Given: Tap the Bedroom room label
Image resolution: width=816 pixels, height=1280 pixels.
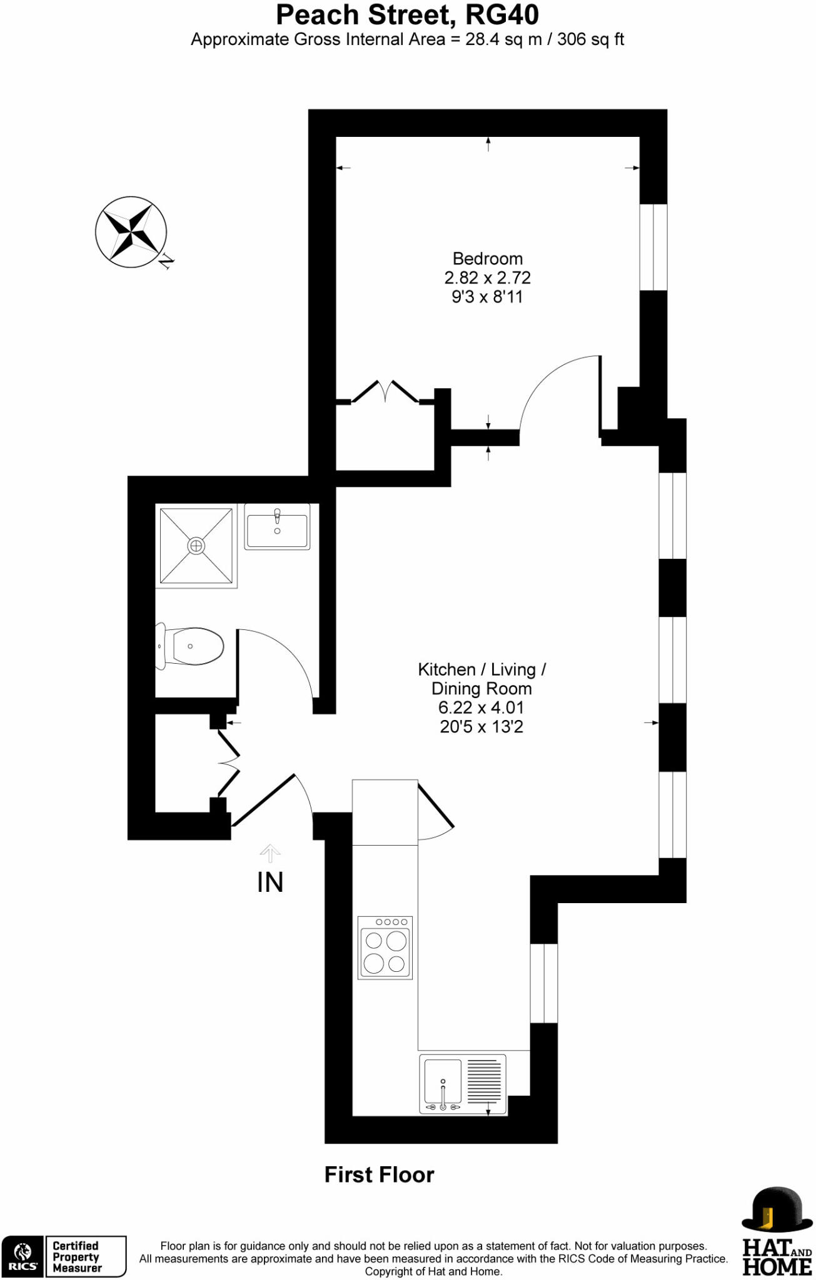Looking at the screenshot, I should (487, 258).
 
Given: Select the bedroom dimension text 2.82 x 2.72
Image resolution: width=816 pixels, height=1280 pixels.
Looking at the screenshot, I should (487, 277).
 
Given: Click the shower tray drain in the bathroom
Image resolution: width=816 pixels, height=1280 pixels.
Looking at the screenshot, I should (196, 546).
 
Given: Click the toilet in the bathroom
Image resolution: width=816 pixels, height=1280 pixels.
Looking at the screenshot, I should (191, 646).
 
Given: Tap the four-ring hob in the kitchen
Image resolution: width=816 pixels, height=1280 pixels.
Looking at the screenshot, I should (385, 947).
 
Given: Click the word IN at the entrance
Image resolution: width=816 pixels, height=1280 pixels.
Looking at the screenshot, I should (270, 882).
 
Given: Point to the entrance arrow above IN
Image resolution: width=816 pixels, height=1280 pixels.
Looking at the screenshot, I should (270, 852).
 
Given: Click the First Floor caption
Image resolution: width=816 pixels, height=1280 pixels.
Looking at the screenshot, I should (379, 1174).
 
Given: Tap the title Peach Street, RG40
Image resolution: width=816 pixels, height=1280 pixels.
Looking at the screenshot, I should (407, 15).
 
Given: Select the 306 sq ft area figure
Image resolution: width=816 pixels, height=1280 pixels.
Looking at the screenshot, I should (590, 39).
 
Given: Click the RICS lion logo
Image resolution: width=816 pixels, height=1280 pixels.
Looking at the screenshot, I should (23, 1256).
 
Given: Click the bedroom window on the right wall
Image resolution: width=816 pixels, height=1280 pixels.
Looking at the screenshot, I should (653, 247).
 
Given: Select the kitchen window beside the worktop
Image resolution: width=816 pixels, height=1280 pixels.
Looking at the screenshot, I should (543, 983).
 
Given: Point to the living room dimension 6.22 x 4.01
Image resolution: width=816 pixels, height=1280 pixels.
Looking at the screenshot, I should (481, 707).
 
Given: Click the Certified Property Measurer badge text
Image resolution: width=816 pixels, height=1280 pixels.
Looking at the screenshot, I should (76, 1257).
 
